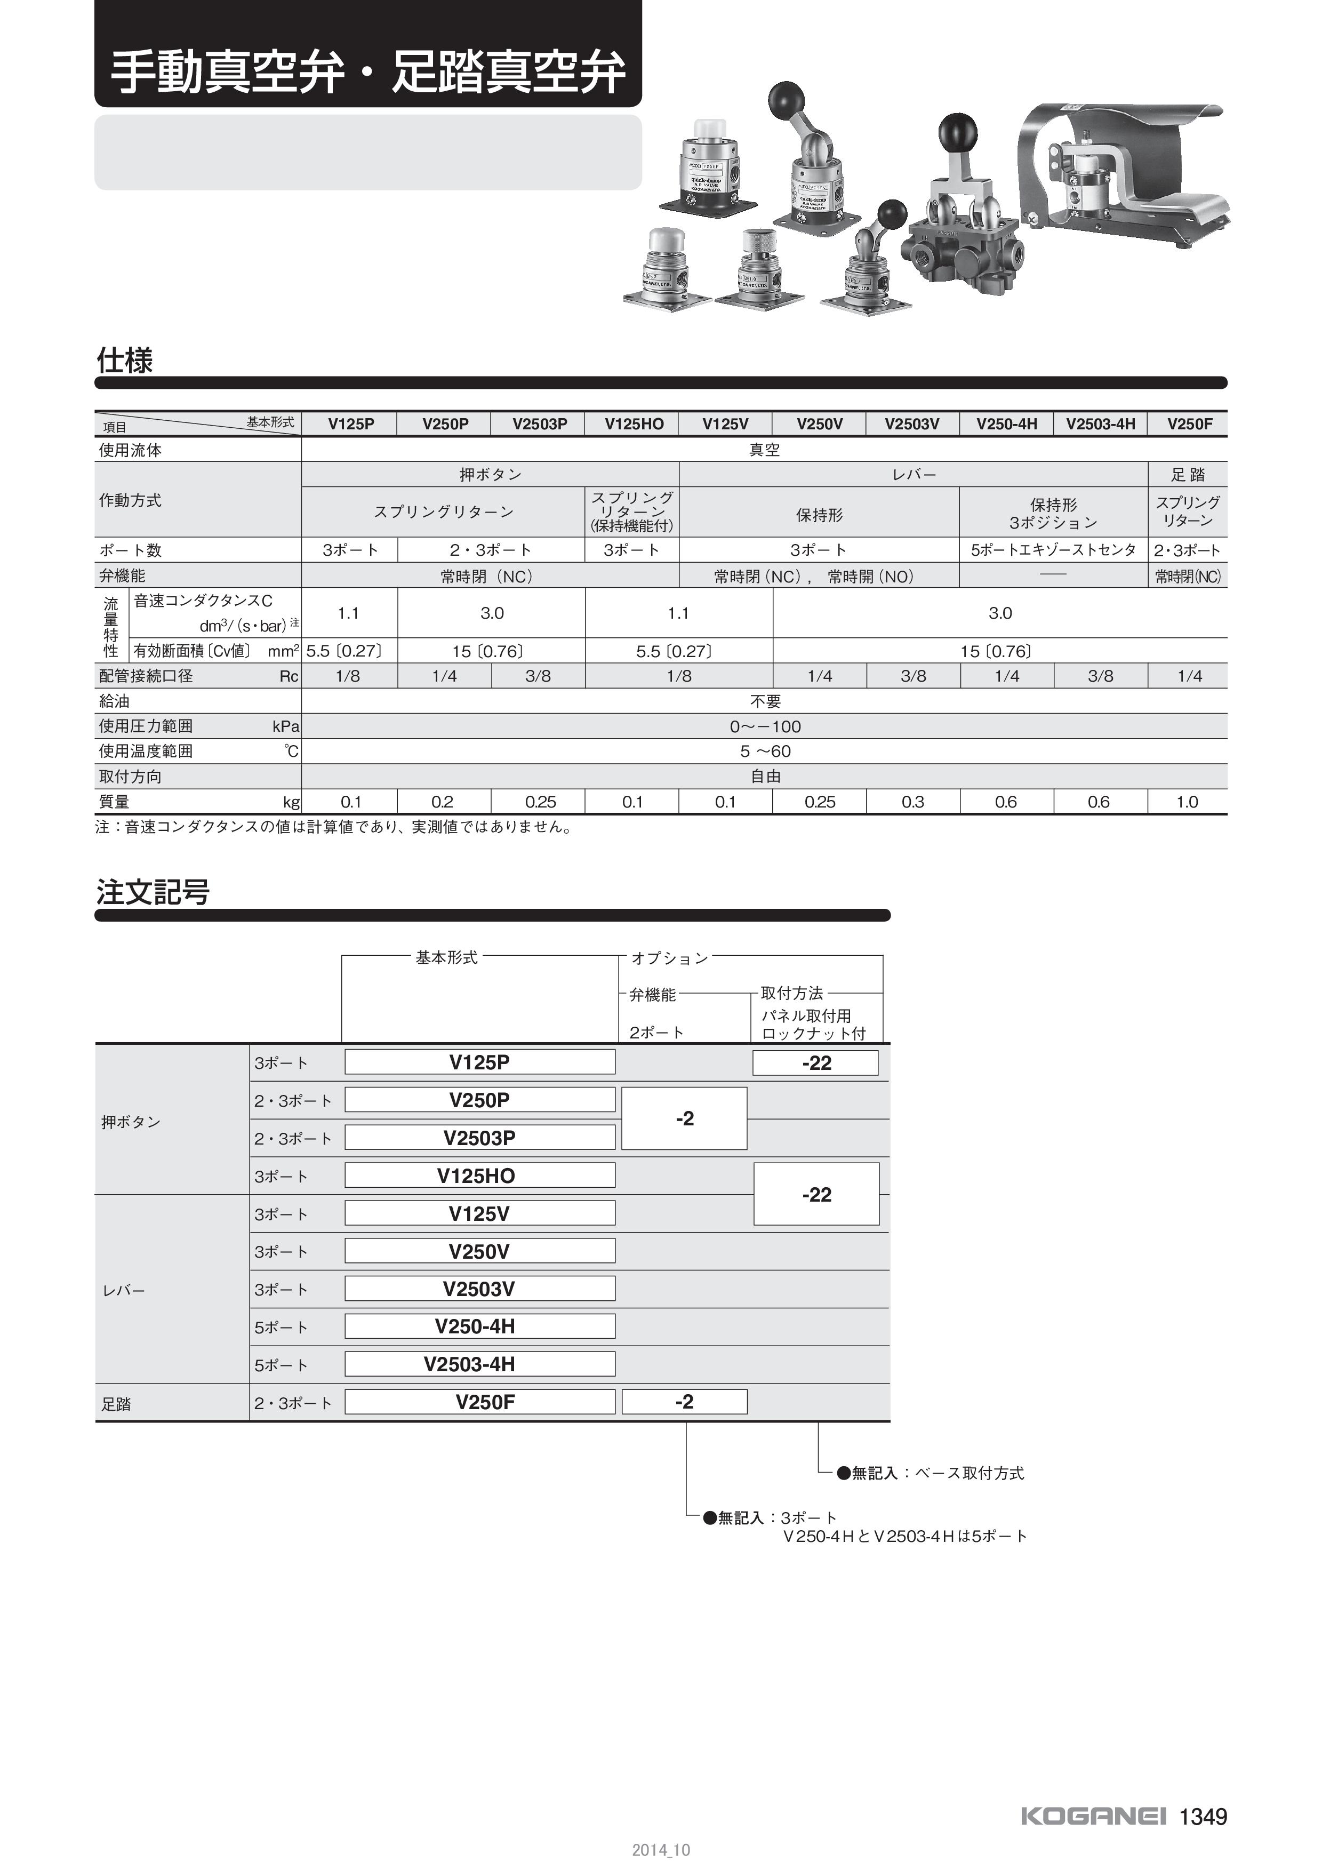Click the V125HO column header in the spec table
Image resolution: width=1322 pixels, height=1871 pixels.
pos(634,423)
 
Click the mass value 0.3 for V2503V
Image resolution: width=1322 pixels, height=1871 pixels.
pos(912,802)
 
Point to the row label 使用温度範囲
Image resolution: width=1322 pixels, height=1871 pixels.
pos(147,751)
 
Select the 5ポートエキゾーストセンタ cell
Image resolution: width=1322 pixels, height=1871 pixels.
pos(1053,550)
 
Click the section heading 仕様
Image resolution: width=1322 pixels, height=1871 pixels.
pos(125,360)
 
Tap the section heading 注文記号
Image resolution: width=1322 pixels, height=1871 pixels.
pos(153,892)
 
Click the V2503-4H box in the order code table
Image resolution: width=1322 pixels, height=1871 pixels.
pos(480,1364)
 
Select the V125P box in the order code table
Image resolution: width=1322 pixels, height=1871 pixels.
pos(480,1062)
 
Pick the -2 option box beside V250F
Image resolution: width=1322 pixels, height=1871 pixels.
pos(684,1402)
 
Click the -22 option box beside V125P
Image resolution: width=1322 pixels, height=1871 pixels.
pos(815,1062)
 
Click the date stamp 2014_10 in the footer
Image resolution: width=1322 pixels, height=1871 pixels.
pos(661,1851)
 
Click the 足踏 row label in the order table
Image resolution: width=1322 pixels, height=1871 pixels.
pos(116,1403)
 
